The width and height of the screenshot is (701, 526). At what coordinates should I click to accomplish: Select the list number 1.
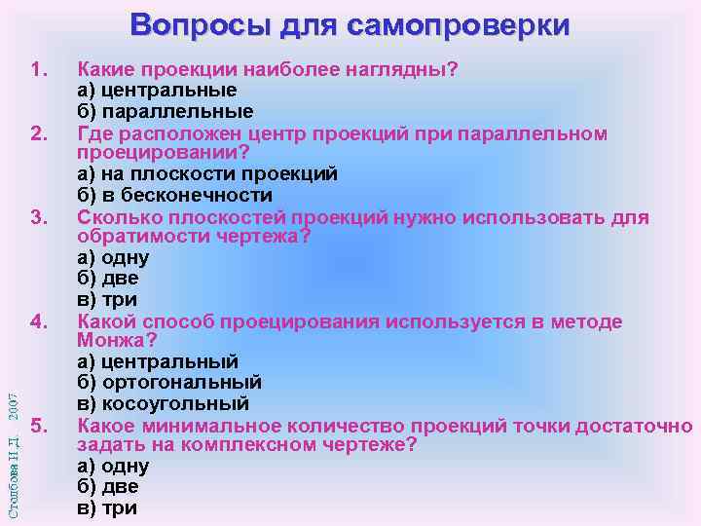39,70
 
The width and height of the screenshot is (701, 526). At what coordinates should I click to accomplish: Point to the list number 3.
39,216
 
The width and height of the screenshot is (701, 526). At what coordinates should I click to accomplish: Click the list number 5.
39,426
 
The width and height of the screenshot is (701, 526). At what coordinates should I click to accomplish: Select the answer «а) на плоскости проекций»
206,174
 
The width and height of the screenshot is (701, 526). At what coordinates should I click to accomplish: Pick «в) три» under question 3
107,300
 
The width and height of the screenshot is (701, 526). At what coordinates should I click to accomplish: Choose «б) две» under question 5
107,487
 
